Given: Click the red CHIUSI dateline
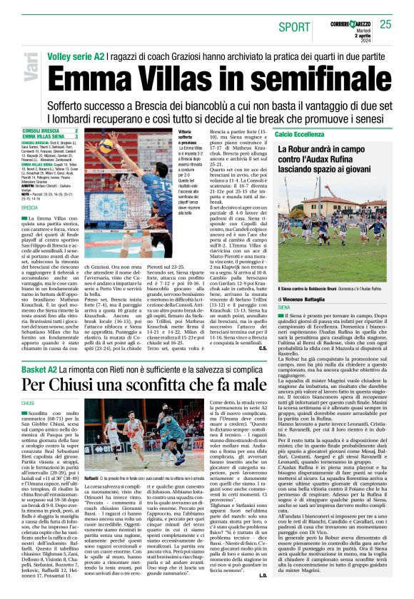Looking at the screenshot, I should click(x=29, y=403).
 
